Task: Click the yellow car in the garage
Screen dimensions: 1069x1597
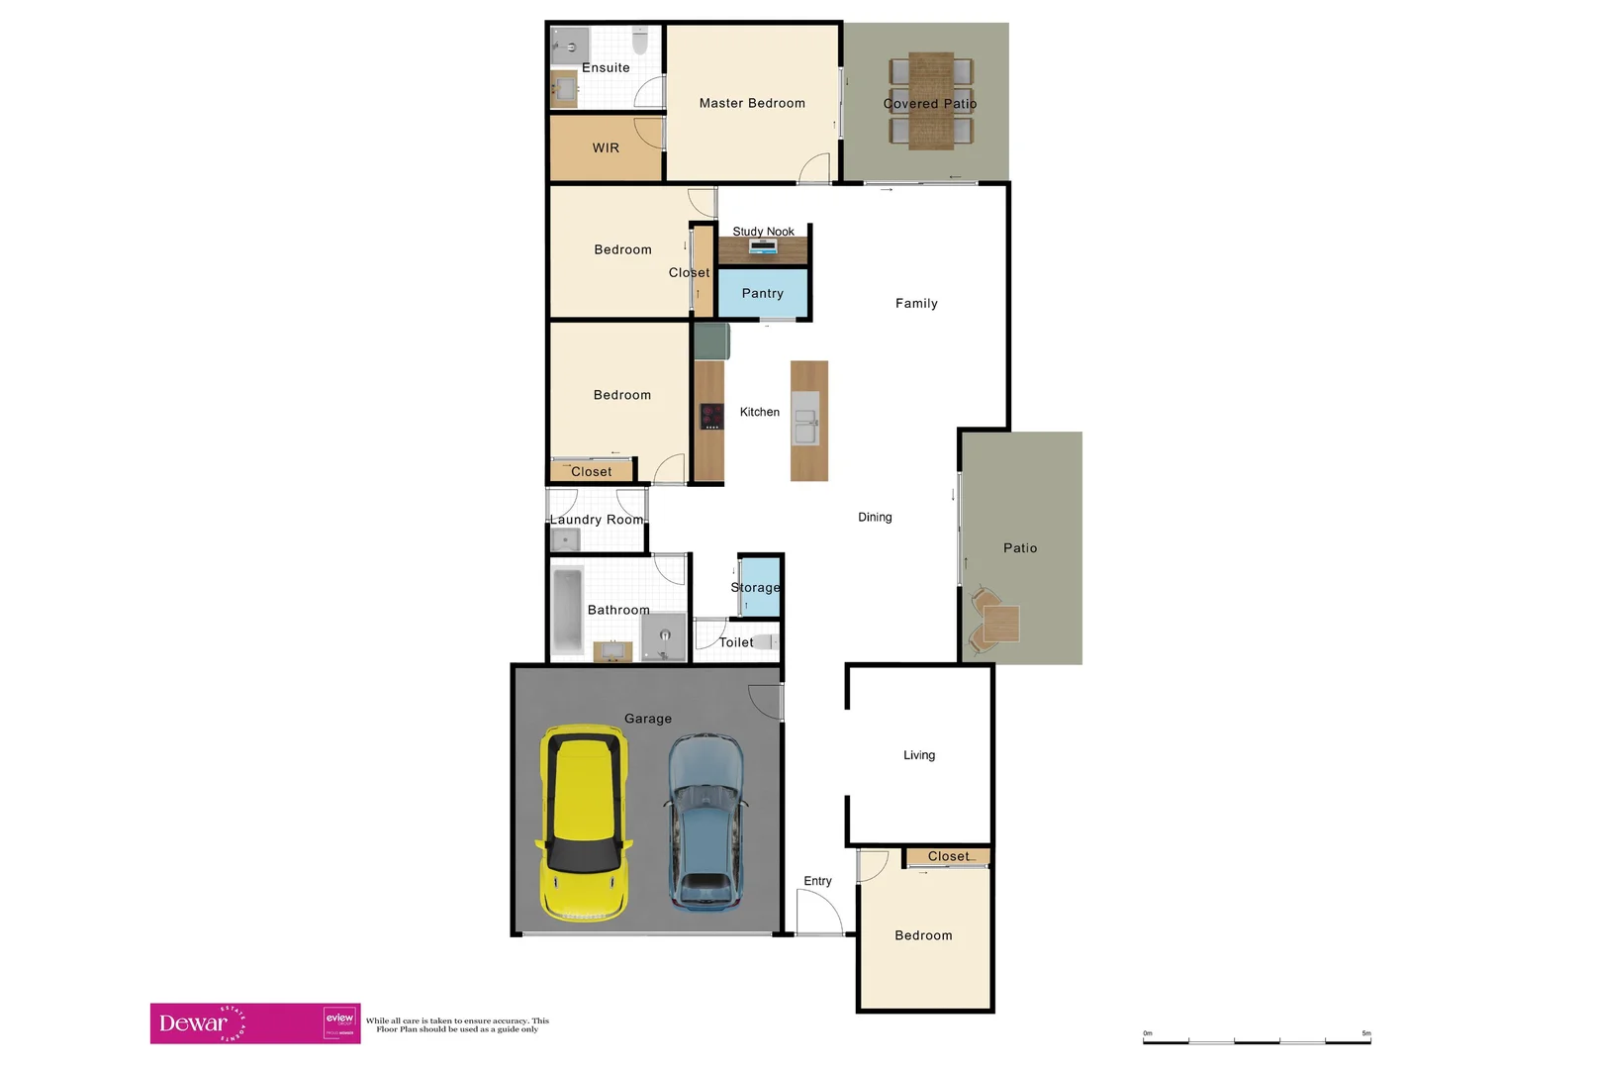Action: click(584, 823)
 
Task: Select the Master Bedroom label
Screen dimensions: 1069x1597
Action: click(752, 103)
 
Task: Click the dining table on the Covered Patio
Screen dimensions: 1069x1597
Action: click(931, 101)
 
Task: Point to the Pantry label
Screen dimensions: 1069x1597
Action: click(762, 293)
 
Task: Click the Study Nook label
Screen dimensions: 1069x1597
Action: click(763, 232)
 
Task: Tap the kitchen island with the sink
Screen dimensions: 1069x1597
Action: click(808, 421)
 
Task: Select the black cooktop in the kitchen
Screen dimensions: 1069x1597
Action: click(710, 416)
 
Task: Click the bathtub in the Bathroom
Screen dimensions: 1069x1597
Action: click(567, 610)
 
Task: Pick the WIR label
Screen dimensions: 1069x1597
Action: click(606, 147)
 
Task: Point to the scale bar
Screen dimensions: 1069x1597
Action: click(1257, 1039)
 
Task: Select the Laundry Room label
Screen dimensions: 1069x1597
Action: click(597, 520)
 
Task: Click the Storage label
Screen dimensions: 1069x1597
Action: click(756, 587)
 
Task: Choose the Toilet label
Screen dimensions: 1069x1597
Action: click(736, 642)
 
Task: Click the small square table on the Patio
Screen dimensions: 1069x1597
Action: click(1000, 624)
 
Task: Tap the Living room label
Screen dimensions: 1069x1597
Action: click(918, 755)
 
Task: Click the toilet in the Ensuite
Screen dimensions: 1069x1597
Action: click(640, 42)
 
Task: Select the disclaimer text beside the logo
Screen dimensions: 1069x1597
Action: click(457, 1024)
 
